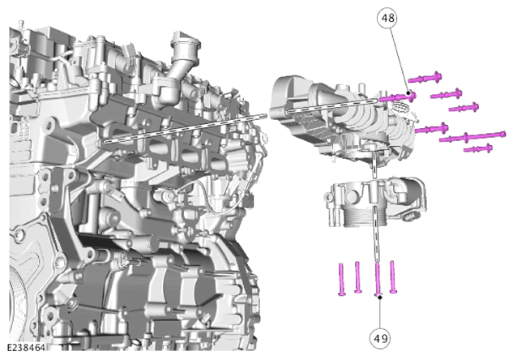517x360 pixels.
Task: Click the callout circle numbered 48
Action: tap(387, 18)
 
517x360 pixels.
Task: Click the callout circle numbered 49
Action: tap(381, 338)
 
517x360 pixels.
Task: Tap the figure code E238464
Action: tap(26, 348)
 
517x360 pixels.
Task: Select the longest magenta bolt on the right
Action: tap(472, 136)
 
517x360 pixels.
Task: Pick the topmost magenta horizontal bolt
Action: tap(425, 78)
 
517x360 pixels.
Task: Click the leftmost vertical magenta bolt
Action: tap(342, 279)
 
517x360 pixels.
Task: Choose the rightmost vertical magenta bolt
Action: tap(393, 276)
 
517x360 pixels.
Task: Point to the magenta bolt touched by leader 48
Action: tap(397, 97)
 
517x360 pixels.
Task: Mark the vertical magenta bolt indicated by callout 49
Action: tap(378, 278)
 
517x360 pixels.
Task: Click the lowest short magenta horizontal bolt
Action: tap(478, 148)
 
